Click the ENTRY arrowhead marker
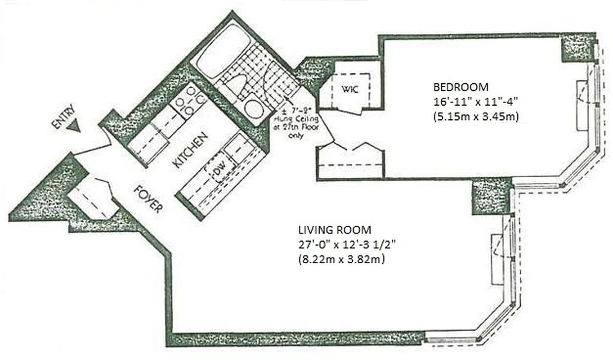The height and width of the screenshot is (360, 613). [73, 127]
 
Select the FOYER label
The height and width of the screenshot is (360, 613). [148, 198]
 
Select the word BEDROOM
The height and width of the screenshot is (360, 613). [460, 86]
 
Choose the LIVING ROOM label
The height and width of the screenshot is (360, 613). [335, 230]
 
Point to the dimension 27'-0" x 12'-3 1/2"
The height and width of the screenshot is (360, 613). [347, 245]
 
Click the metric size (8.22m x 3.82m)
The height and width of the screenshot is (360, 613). [341, 260]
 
